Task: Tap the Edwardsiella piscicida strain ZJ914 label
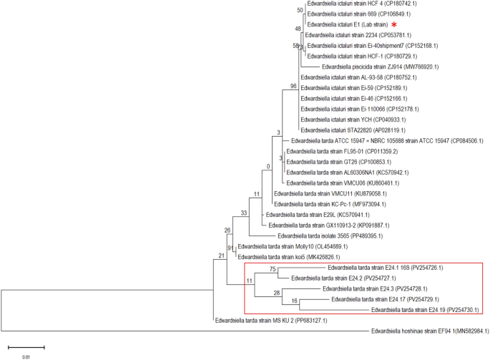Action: point(368,66)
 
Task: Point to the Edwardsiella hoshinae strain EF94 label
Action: point(429,331)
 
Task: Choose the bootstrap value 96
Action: point(293,87)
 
